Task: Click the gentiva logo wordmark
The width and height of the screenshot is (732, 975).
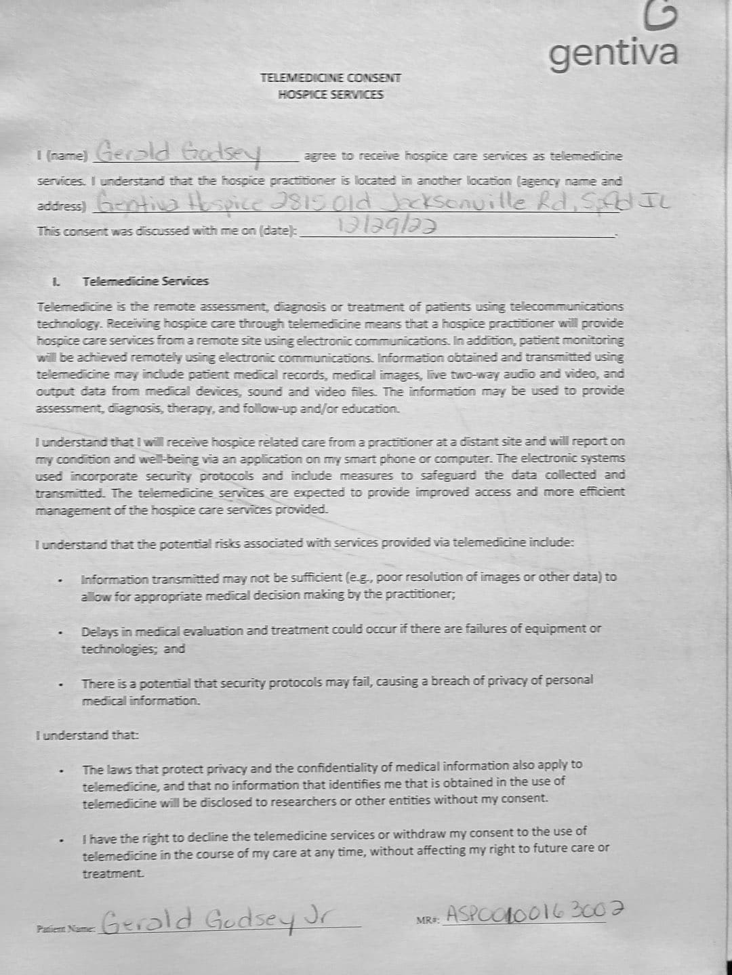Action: point(613,53)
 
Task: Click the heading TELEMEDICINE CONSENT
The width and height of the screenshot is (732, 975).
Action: point(330,78)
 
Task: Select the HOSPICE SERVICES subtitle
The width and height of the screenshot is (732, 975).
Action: point(330,95)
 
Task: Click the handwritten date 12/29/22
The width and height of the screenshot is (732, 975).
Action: point(384,227)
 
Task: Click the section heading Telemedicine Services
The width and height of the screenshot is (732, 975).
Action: point(145,281)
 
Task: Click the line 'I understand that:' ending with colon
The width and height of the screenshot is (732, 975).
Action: point(87,735)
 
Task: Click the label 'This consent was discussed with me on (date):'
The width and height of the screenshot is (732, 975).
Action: point(167,230)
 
